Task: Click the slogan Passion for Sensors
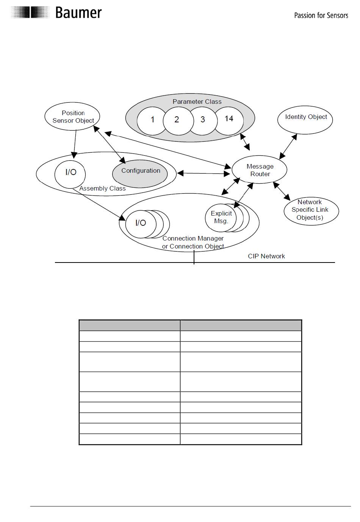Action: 321,15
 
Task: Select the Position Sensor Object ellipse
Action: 72,117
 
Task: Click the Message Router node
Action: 260,170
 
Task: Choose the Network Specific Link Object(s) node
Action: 311,210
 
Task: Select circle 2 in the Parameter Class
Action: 177,120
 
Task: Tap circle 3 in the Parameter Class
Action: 203,120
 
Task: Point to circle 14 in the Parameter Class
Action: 229,119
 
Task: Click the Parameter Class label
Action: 197,102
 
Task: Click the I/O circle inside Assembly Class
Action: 70,173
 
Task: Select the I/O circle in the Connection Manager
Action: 140,223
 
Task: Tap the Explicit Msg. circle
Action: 221,217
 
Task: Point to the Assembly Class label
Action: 102,188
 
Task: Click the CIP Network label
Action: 266,256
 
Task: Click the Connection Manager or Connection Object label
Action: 193,242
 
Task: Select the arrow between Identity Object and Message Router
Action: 288,146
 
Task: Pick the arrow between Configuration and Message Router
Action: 203,173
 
